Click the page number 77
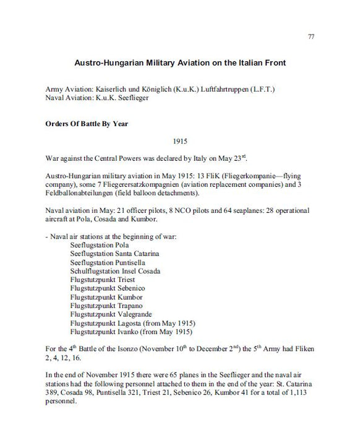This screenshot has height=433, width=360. (x=311, y=37)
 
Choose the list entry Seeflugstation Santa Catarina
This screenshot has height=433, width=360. (x=115, y=254)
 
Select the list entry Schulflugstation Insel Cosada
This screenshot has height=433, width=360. (x=116, y=271)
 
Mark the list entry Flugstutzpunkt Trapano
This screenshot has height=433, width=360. (x=106, y=306)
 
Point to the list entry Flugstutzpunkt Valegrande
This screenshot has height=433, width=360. (x=111, y=314)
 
